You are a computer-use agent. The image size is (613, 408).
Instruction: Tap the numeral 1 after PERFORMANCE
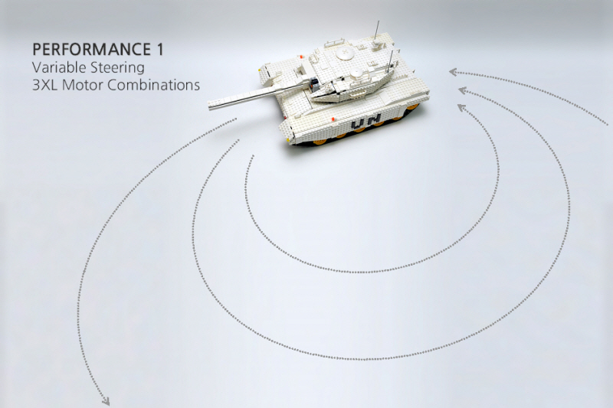click(159, 50)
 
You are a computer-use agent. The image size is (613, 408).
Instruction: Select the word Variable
click(59, 67)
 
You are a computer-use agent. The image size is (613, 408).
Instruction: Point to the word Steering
click(117, 68)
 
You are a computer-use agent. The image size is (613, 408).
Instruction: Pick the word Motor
click(83, 85)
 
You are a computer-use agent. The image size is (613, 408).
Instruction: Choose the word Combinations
click(154, 85)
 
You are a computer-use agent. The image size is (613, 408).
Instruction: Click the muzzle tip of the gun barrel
click(210, 106)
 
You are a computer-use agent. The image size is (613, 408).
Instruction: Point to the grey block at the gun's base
click(313, 83)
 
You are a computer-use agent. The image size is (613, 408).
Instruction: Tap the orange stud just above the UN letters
click(333, 118)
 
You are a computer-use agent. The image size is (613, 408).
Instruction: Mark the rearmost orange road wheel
click(412, 108)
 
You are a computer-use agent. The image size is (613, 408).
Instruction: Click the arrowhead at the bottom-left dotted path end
click(105, 401)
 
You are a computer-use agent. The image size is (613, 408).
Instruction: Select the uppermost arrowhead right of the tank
click(454, 72)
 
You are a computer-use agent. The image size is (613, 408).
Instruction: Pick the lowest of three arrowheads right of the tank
click(461, 107)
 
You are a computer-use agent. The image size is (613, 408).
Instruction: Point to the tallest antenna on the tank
click(378, 31)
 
